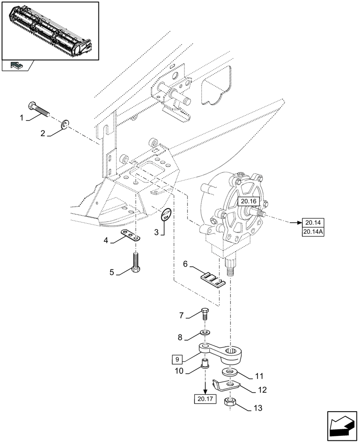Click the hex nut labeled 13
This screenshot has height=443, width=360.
pyautogui.click(x=230, y=403)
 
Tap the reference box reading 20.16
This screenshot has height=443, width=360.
pyautogui.click(x=247, y=202)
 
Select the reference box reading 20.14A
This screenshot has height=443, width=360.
pyautogui.click(x=313, y=231)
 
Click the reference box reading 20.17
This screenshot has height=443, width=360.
pyautogui.click(x=205, y=399)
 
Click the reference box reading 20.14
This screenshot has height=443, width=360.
pyautogui.click(x=313, y=222)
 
